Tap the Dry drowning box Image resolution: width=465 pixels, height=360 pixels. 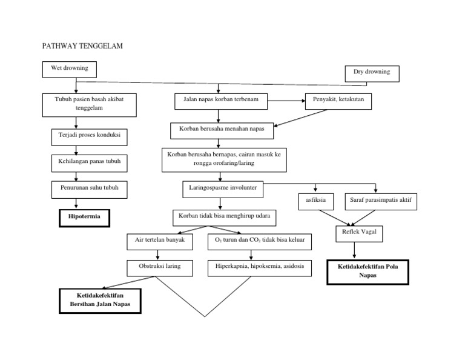371,72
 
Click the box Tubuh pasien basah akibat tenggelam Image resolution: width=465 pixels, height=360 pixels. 89,104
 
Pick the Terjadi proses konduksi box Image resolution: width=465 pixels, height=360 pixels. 90,136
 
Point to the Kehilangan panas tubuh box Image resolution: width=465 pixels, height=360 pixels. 90,162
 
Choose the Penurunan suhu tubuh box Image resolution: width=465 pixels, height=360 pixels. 90,188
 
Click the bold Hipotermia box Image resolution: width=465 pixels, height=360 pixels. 84,216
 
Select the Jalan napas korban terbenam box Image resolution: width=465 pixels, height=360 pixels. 220,101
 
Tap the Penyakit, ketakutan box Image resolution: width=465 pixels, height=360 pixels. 338,101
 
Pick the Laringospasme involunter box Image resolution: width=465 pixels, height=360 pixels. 222,188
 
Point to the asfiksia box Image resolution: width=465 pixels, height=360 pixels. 315,200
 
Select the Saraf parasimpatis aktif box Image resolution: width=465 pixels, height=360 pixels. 381,200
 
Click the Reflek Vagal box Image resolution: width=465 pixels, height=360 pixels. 355,233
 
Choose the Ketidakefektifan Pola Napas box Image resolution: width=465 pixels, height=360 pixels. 368,271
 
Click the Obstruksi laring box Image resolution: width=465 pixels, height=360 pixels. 158,267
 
